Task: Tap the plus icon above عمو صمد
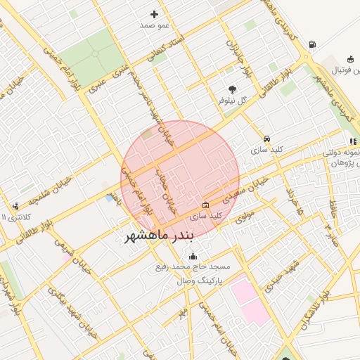[x=155, y=14]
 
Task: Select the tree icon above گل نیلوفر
[x=233, y=89]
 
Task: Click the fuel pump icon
[x=311, y=45]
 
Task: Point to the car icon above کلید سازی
[x=267, y=139]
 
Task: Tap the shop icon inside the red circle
[x=205, y=205]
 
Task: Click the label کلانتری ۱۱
[x=13, y=217]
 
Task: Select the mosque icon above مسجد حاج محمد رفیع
[x=193, y=256]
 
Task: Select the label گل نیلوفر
[x=233, y=101]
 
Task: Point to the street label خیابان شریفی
[x=74, y=257]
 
